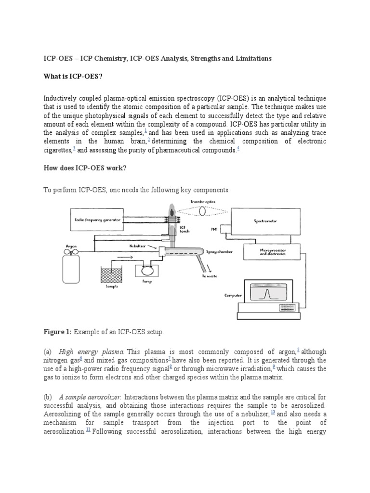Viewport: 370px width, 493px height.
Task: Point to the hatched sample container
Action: [x=112, y=274]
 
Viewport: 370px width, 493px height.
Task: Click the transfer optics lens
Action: [x=202, y=210]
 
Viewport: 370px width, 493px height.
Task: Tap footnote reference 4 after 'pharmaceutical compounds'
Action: [x=238, y=148]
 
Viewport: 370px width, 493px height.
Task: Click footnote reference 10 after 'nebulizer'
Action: [x=273, y=413]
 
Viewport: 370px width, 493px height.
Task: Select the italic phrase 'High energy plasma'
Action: [x=91, y=351]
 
